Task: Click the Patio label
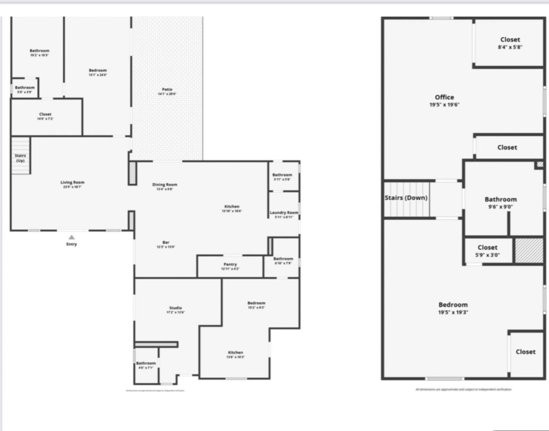[x=167, y=89]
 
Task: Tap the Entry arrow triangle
[x=72, y=237]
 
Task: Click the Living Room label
[x=72, y=182]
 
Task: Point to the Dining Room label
[x=164, y=184]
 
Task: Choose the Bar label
[x=166, y=242]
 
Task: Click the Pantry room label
[x=230, y=264]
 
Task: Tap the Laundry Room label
[x=284, y=213]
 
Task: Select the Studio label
[x=176, y=308]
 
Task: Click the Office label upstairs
[x=444, y=97]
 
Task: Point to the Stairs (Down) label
[x=406, y=198]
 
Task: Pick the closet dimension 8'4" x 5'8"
[x=510, y=47]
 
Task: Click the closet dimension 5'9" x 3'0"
[x=487, y=255]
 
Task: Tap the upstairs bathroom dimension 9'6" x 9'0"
[x=501, y=207]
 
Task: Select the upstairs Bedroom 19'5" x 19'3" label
[x=453, y=305]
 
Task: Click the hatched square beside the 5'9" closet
[x=529, y=250]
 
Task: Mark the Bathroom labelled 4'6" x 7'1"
[x=146, y=363]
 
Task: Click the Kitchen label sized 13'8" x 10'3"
[x=235, y=353]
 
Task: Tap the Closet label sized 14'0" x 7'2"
[x=45, y=114]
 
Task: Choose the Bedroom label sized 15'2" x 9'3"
[x=256, y=303]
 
